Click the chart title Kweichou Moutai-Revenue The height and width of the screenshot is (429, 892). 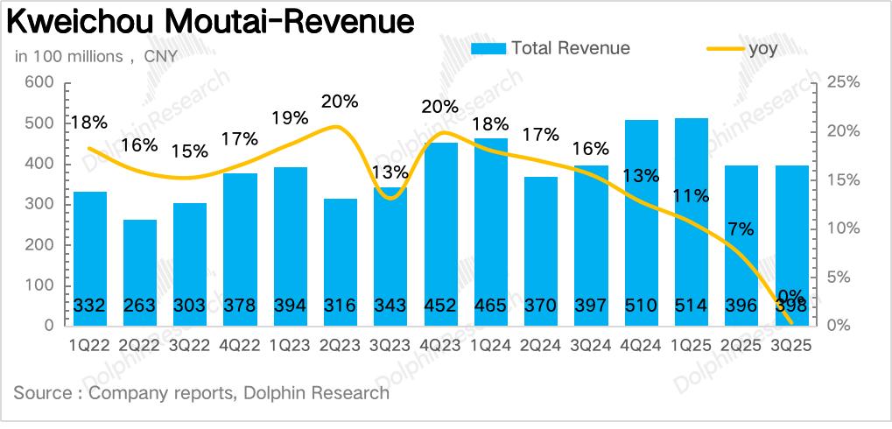pyautogui.click(x=211, y=23)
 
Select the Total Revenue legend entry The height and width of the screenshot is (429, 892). pyautogui.click(x=551, y=49)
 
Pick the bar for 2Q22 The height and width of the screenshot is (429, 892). pyautogui.click(x=140, y=272)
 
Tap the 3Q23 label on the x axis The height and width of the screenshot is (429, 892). pyautogui.click(x=390, y=345)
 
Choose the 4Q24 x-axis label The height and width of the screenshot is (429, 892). pyautogui.click(x=641, y=345)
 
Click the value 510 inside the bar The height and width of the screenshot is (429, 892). pyautogui.click(x=641, y=306)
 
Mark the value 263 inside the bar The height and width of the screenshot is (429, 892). pyautogui.click(x=140, y=306)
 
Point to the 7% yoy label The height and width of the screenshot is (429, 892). pyautogui.click(x=741, y=229)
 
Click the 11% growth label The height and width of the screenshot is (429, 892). pyautogui.click(x=692, y=196)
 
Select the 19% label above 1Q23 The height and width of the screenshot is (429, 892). pyautogui.click(x=290, y=117)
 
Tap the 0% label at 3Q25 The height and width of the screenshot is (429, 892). pyautogui.click(x=790, y=296)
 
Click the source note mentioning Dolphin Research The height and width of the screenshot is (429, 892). pyautogui.click(x=201, y=392)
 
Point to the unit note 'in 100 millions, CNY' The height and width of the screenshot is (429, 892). pyautogui.click(x=96, y=57)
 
